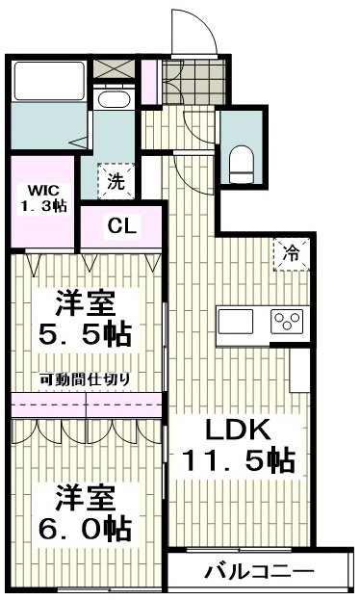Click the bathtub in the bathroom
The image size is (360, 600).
click(x=49, y=81)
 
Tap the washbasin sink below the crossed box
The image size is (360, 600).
click(x=114, y=99)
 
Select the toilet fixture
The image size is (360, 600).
click(x=242, y=167)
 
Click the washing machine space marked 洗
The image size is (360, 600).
click(x=116, y=181)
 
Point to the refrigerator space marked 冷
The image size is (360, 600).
click(x=291, y=254)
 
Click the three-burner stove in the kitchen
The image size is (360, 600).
click(x=287, y=322)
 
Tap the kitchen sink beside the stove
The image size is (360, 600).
click(x=235, y=322)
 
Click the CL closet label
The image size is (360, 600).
click(x=121, y=225)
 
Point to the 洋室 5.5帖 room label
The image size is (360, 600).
click(x=86, y=319)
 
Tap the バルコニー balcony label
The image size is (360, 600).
click(x=259, y=572)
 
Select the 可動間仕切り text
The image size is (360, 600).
click(x=85, y=378)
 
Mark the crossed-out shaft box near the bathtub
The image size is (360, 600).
click(x=114, y=69)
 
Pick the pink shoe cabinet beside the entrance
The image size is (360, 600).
click(x=149, y=82)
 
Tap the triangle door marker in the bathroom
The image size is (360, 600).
click(x=79, y=143)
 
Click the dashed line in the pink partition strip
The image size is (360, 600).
click(x=86, y=404)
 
